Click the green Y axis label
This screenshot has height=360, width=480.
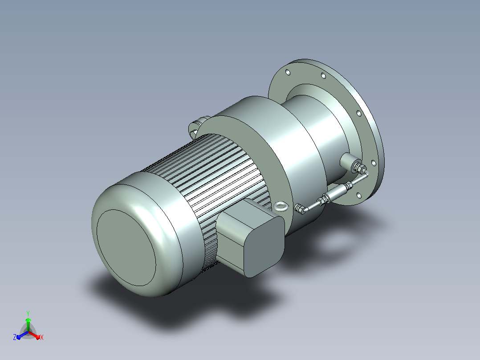[x=28, y=313]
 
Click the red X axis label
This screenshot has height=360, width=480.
[x=42, y=337]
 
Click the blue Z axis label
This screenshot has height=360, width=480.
[x=15, y=337]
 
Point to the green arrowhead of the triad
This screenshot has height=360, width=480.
[x=28, y=320]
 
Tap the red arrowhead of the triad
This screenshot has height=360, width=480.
[x=38, y=337]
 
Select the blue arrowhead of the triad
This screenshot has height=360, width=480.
[x=19, y=337]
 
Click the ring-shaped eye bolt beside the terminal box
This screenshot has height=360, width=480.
[x=281, y=206]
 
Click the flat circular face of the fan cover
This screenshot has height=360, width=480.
[x=126, y=248]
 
